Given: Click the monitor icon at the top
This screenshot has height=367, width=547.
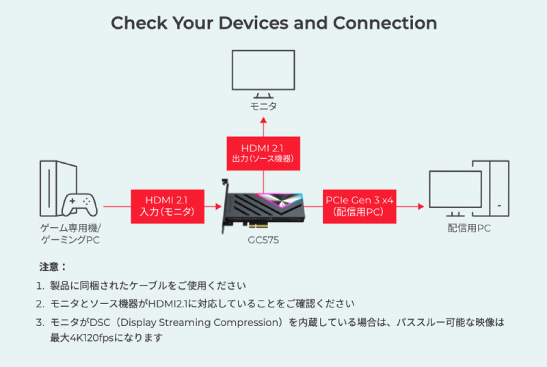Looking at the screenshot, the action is click(263, 74).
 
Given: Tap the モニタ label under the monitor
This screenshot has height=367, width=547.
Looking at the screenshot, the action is click(263, 106).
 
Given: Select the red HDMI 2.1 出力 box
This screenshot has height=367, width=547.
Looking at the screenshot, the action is click(263, 153).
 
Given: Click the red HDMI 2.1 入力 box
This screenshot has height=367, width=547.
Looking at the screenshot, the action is click(168, 206).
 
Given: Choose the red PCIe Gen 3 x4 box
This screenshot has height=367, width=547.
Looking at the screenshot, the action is click(360, 206).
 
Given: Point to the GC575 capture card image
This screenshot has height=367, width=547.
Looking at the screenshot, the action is click(263, 206).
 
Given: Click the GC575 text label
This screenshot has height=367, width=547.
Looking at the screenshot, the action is click(263, 240).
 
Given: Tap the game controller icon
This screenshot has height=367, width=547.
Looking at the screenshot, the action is click(79, 205).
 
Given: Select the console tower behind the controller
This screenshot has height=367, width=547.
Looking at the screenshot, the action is click(53, 185).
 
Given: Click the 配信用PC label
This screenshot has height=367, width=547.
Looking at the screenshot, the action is click(469, 229).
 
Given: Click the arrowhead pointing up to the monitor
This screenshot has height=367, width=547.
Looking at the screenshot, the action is click(263, 120).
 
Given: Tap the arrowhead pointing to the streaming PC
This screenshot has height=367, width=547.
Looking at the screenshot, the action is click(421, 206).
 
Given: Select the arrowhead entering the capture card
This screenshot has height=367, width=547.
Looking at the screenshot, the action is click(219, 206).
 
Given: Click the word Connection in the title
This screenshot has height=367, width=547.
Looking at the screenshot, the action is click(385, 23).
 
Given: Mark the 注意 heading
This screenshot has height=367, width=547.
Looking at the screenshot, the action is click(53, 267).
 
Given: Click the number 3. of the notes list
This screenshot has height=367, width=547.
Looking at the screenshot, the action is click(40, 322).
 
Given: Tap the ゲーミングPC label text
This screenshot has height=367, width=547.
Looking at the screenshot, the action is click(70, 240).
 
